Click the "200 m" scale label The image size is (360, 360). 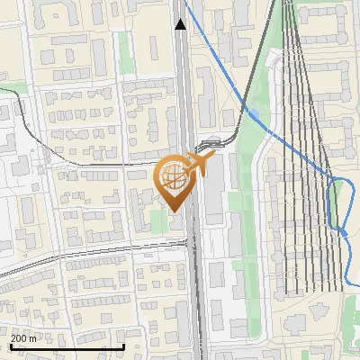(x=24, y=337)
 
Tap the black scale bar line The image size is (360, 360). (x=67, y=346)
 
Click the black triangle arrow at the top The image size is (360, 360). (x=181, y=24)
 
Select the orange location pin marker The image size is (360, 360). (x=176, y=180)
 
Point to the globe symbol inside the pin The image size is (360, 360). (x=174, y=176)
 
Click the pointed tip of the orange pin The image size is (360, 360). (x=175, y=211)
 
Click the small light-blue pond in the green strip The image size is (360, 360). (x=257, y=114)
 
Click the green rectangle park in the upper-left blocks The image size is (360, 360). (x=125, y=54)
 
